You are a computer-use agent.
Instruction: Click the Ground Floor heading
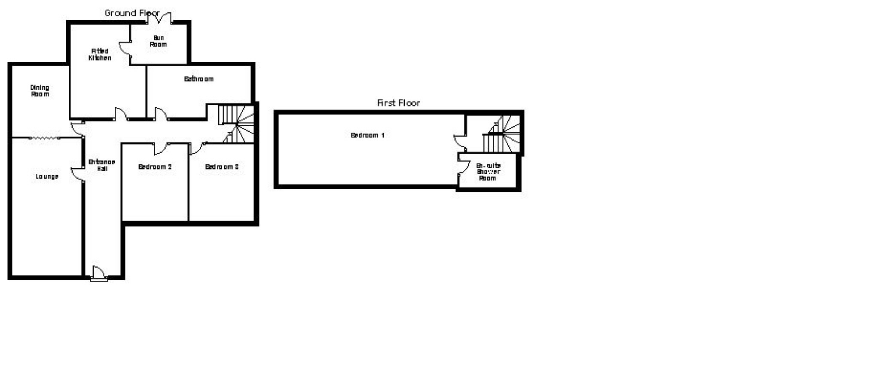coord(132,13)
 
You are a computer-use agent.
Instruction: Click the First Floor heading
coord(398,103)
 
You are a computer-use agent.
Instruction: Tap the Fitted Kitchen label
coord(100,55)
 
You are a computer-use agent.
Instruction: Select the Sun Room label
coord(158,41)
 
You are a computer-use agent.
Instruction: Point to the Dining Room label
coord(40,91)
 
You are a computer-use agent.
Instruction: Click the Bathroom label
coord(198,79)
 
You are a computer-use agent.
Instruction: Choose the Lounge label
coord(47,176)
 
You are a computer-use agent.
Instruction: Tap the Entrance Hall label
coord(102,165)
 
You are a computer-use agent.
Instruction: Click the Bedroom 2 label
coord(155,167)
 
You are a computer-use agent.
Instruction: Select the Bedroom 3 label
coord(222,167)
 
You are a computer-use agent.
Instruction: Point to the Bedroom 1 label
coord(367,135)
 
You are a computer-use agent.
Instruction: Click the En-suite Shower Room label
coord(488,172)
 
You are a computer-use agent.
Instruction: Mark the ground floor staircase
coord(237,123)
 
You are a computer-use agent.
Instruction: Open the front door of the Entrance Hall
coord(99,273)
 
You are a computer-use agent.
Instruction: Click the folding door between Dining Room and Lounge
coord(44,138)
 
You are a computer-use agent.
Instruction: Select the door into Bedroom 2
coord(160,149)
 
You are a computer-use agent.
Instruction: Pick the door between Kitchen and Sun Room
coord(125,48)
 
